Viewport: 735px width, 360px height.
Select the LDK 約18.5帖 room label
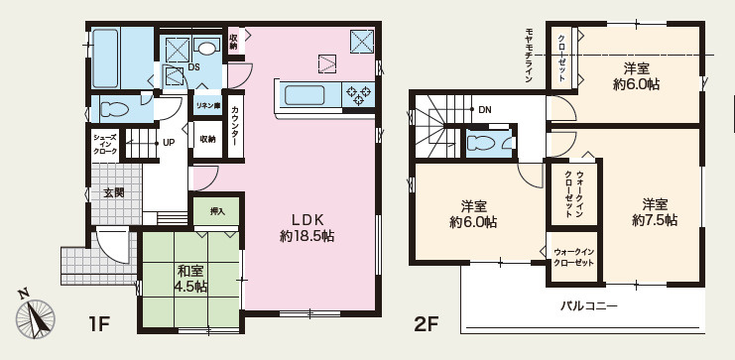307,228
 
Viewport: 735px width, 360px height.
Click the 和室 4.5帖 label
191,278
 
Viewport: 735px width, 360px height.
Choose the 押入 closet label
217,210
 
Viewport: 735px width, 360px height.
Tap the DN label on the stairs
484,109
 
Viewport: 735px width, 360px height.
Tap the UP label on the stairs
169,142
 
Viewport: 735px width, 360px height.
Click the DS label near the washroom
194,67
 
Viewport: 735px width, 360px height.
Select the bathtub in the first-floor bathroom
107,57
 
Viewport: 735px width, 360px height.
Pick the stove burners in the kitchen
357,95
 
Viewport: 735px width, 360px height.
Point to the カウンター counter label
235,127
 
